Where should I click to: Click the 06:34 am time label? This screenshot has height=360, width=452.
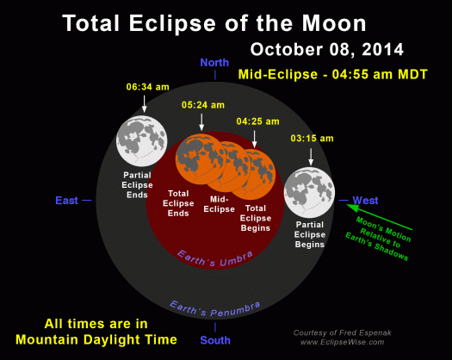[x=141, y=87]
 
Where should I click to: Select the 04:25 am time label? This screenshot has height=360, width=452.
[x=256, y=121]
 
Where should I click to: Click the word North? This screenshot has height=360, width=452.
[x=214, y=63]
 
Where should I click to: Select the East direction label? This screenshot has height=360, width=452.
[x=67, y=201]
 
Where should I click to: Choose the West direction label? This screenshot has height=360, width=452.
[x=365, y=201]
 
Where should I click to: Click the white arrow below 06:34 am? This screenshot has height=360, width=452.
[x=141, y=103]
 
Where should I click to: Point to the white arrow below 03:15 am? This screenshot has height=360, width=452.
[x=309, y=155]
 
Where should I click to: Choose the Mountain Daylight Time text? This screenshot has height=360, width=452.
[x=98, y=340]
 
